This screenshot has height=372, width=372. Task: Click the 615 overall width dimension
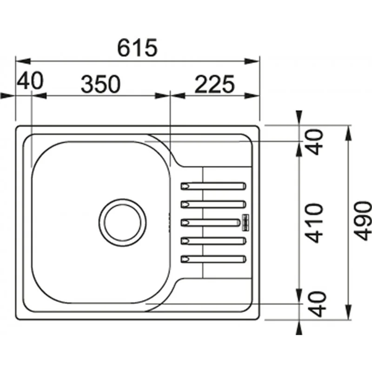pyautogui.click(x=137, y=47)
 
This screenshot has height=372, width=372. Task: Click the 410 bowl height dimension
pyautogui.click(x=313, y=223)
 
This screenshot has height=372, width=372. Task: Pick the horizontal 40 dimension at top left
pyautogui.click(x=30, y=80)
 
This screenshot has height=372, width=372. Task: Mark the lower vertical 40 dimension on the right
pyautogui.click(x=317, y=304)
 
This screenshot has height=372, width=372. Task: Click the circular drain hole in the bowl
pyautogui.click(x=122, y=222)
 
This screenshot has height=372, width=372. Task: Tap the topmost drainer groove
pyautogui.click(x=213, y=186)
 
